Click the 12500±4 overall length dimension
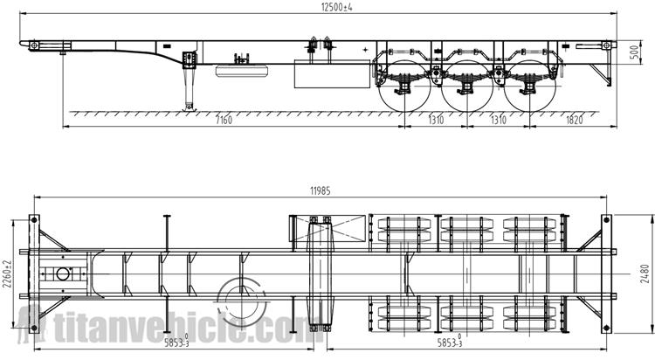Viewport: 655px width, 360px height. [336, 7]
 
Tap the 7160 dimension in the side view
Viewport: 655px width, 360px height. [224, 121]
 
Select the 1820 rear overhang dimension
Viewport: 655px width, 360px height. [574, 121]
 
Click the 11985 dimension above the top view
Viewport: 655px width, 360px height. [320, 191]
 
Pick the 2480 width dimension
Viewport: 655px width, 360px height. [645, 273]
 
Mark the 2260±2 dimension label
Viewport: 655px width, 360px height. [7, 273]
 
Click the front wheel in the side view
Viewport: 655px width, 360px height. [404, 87]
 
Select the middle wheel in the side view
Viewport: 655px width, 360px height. [467, 87]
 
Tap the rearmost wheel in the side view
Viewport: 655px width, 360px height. [530, 87]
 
